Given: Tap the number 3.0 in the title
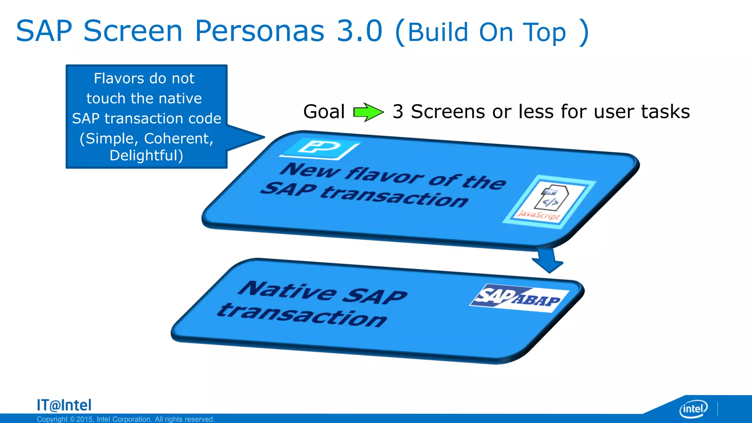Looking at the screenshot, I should coord(360,31).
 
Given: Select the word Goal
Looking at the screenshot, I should coord(324,112).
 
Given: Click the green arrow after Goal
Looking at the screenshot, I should coord(368,112).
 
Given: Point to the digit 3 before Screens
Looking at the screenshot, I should coord(398,112).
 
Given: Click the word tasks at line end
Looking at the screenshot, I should coord(665,112).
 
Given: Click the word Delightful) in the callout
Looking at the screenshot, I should coord(146,155).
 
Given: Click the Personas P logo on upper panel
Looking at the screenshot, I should coord(319,148).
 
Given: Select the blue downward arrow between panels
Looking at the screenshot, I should coord(547,260).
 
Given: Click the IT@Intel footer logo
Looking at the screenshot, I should coord(64,405).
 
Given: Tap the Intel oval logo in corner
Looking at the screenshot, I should coord(693,409).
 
